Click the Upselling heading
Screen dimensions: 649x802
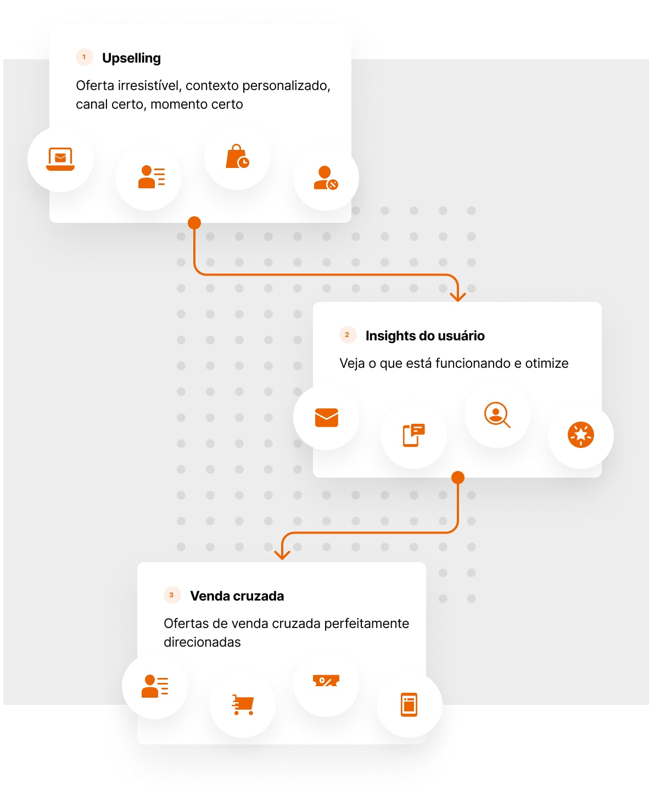pyautogui.click(x=131, y=58)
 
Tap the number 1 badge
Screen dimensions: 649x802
pyautogui.click(x=84, y=57)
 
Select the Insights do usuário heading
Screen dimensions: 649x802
pyautogui.click(x=424, y=335)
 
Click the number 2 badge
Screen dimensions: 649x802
pyautogui.click(x=347, y=334)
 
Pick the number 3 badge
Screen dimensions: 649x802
pyautogui.click(x=171, y=595)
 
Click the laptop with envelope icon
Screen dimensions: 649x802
pyautogui.click(x=60, y=159)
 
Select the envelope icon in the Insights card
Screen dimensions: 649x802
pyautogui.click(x=326, y=417)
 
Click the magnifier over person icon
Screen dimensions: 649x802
pyautogui.click(x=496, y=414)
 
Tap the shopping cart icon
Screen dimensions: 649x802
pyautogui.click(x=243, y=704)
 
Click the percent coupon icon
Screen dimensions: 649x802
pyautogui.click(x=326, y=680)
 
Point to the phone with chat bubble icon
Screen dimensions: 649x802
pyautogui.click(x=413, y=435)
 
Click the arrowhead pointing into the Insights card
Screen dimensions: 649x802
pyautogui.click(x=457, y=297)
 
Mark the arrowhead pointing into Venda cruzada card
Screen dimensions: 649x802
pyautogui.click(x=282, y=554)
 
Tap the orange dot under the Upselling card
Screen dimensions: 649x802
pyautogui.click(x=194, y=222)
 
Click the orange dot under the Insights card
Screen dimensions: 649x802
pyautogui.click(x=457, y=477)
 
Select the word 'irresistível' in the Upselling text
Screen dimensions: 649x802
pyautogui.click(x=149, y=86)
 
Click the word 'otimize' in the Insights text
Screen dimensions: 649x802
pyautogui.click(x=546, y=363)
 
